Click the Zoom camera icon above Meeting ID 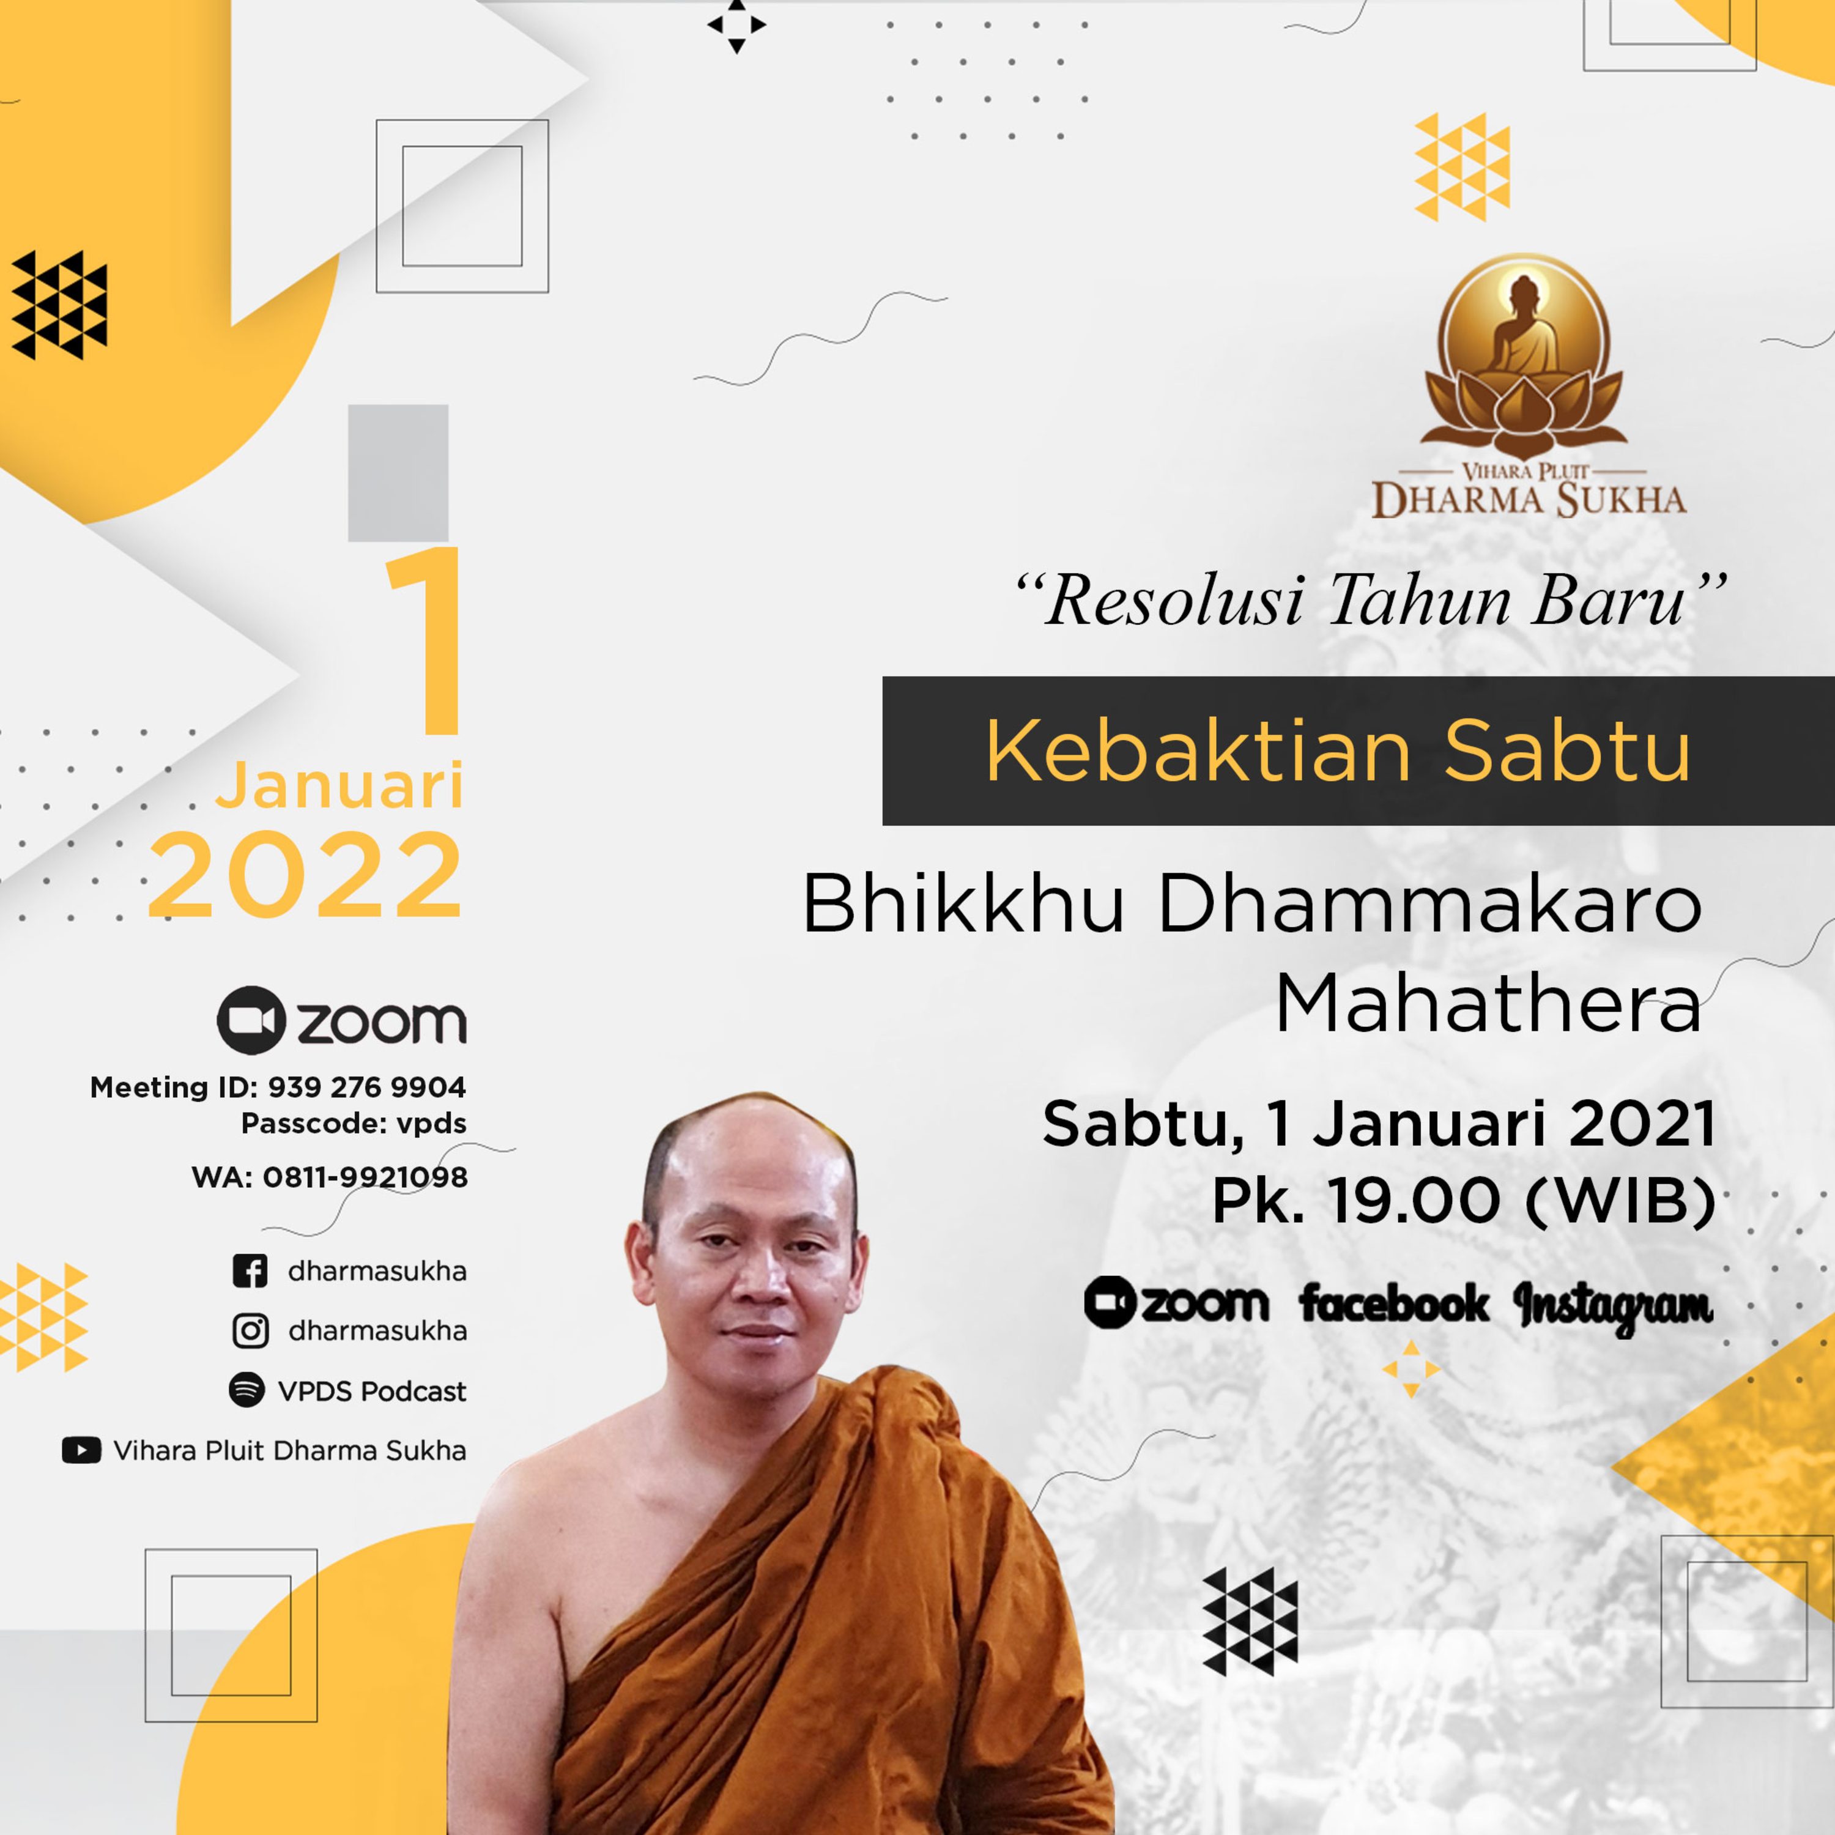pos(251,1020)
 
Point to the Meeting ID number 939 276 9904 pos(366,1086)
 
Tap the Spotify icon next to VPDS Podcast pos(247,1390)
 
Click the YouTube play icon pos(82,1450)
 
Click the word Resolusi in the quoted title pos(1175,601)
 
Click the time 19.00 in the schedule pos(1414,1201)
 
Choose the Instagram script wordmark pos(1613,1306)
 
